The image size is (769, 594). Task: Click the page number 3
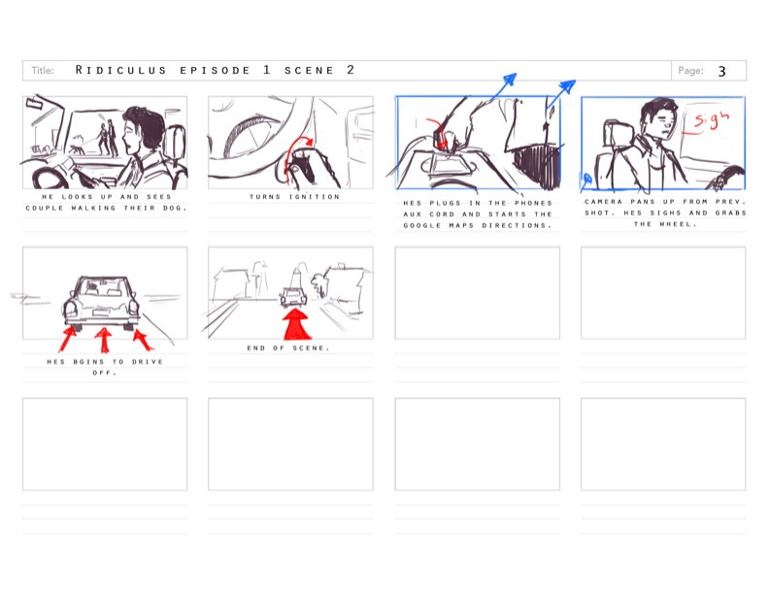pyautogui.click(x=721, y=72)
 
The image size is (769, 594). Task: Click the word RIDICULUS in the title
pyautogui.click(x=120, y=70)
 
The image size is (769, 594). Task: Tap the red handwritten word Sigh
pyautogui.click(x=711, y=119)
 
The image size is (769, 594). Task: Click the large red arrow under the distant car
pyautogui.click(x=297, y=323)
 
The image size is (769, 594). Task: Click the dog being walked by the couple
pyautogui.click(x=76, y=148)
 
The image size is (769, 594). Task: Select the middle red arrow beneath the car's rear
pyautogui.click(x=104, y=340)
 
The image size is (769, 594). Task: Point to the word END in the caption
pyautogui.click(x=256, y=348)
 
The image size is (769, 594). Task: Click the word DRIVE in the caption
pyautogui.click(x=148, y=362)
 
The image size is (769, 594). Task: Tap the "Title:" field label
pyautogui.click(x=43, y=71)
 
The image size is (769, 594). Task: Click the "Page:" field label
pyautogui.click(x=690, y=71)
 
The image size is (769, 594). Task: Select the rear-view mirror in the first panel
pyautogui.click(x=35, y=104)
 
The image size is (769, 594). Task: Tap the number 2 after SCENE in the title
pyautogui.click(x=351, y=70)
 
